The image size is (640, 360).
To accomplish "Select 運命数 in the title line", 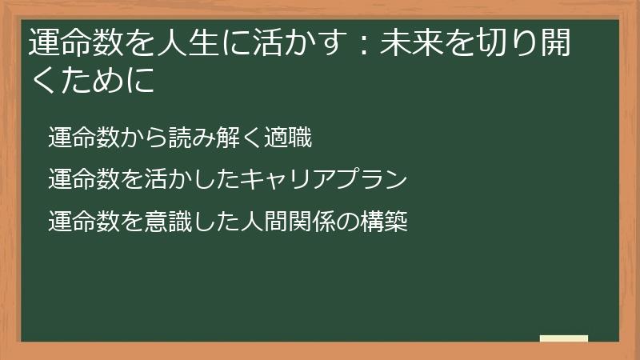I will point(70,44).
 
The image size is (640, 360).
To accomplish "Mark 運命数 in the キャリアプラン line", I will point(81,180).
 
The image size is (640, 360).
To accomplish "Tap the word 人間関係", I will point(287,222).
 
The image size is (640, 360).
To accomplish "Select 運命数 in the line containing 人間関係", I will point(81,222).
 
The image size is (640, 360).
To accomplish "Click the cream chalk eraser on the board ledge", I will point(564,338).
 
